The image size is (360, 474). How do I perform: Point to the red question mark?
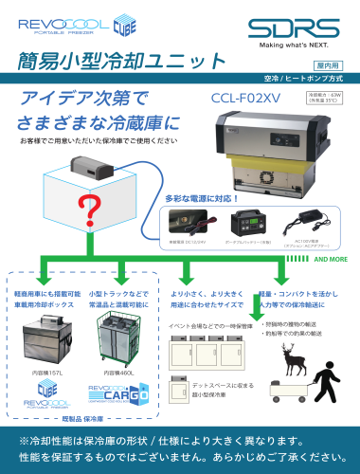coord(93,208)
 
